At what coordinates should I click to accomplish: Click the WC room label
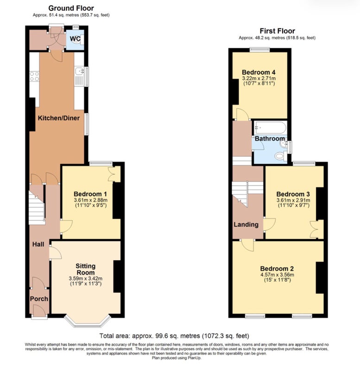point(75,38)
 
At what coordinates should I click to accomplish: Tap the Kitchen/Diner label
point(59,118)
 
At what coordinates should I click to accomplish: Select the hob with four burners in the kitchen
point(34,76)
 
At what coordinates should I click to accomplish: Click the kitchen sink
point(79,71)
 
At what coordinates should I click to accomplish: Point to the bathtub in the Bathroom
point(270,128)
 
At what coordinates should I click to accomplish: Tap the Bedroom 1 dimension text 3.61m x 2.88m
point(90,200)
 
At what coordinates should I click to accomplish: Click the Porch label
point(39,299)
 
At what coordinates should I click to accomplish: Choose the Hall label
point(38,244)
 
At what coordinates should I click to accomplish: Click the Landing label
point(246,224)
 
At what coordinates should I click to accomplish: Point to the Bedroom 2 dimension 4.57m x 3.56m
point(277,275)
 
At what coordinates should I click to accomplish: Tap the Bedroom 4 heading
point(259,72)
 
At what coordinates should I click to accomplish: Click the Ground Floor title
point(71,8)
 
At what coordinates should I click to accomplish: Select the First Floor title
point(277,31)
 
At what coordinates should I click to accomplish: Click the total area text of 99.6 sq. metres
point(174,336)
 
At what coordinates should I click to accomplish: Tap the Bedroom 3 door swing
point(270,224)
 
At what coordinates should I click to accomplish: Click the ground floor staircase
point(37,208)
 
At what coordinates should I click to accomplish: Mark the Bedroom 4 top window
point(260,50)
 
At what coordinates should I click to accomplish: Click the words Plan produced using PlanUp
point(177,358)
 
